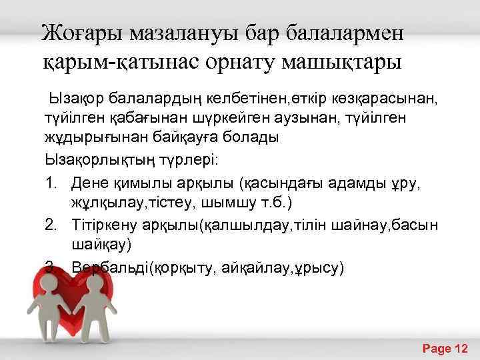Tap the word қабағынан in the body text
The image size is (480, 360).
pyautogui.click(x=137, y=119)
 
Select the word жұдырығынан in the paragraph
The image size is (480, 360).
pyautogui.click(x=85, y=137)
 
